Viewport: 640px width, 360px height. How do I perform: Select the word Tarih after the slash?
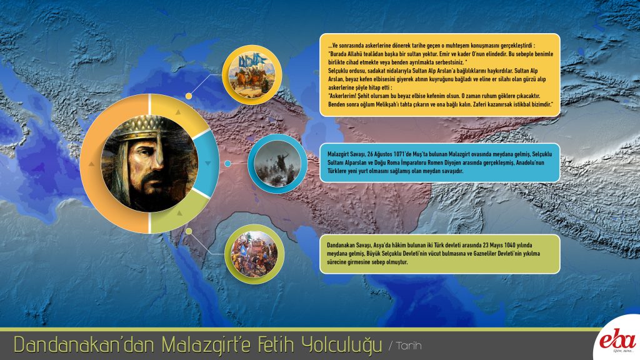click(409, 346)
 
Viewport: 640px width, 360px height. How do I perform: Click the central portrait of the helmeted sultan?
click(149, 164)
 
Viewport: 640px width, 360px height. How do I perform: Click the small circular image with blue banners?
click(252, 75)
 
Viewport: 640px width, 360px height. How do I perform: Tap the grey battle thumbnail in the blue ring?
click(277, 164)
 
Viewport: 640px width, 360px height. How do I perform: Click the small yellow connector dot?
click(189, 96)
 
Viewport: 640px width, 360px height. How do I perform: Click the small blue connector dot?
click(227, 164)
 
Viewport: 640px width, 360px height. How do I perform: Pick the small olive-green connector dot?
click(189, 231)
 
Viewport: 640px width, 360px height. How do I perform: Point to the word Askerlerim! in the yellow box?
click(342, 96)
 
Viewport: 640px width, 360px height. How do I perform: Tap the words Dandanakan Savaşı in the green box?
click(349, 246)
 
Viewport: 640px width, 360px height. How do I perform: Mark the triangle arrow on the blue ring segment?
click(208, 163)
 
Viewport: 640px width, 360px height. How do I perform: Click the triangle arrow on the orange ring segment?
click(91, 164)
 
